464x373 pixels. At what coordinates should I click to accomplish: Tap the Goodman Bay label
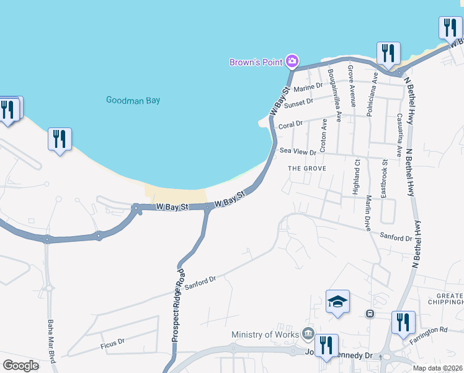click(133, 99)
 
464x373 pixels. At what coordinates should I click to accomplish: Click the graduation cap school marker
click(337, 303)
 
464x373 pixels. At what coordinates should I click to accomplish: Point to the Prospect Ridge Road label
click(178, 305)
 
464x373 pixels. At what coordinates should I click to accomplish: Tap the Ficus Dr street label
click(112, 341)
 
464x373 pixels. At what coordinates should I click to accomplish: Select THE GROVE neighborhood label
click(307, 168)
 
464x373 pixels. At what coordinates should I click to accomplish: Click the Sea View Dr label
click(295, 150)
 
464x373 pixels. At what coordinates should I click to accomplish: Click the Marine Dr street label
click(311, 87)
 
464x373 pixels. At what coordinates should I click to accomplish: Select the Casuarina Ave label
click(399, 135)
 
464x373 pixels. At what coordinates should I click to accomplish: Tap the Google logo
click(20, 365)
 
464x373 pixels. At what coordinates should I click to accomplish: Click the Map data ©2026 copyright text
click(438, 368)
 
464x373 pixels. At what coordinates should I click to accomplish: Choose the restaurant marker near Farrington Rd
click(403, 323)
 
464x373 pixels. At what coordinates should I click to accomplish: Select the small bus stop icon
click(370, 313)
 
